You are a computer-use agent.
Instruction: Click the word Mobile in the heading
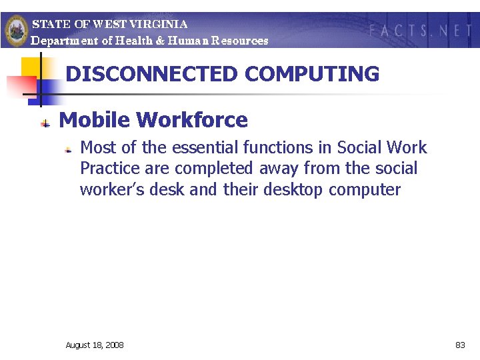tap(95, 120)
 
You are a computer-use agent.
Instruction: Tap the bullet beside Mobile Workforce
tap(45, 122)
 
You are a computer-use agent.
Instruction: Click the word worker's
tap(105, 190)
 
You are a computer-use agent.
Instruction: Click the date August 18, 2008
tap(95, 345)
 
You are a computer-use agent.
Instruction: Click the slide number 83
tap(460, 345)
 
